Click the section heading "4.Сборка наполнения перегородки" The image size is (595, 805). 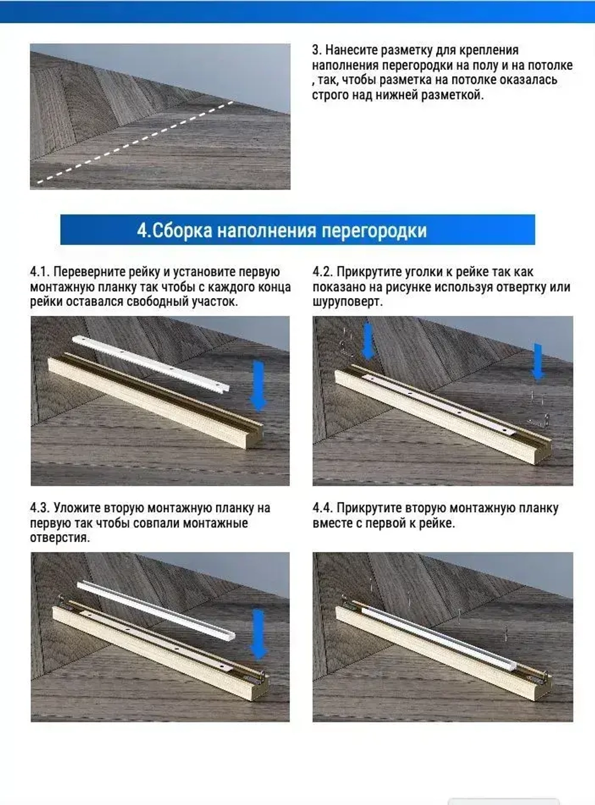click(x=281, y=230)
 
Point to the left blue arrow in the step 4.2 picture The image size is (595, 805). click(x=368, y=341)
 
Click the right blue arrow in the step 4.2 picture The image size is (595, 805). click(x=538, y=361)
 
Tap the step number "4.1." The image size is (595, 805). click(x=40, y=272)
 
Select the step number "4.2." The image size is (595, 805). click(x=322, y=272)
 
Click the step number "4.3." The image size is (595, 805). click(x=40, y=509)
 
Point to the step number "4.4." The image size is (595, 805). click(x=322, y=509)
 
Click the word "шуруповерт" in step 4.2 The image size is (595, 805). click(x=345, y=302)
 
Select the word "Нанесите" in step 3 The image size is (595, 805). click(x=350, y=50)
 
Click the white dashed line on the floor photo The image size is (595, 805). click(x=134, y=143)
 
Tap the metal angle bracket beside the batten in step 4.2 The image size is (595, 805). click(x=538, y=421)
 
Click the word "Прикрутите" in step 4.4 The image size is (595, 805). click(x=369, y=509)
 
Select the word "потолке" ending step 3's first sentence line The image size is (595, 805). click(x=550, y=65)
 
